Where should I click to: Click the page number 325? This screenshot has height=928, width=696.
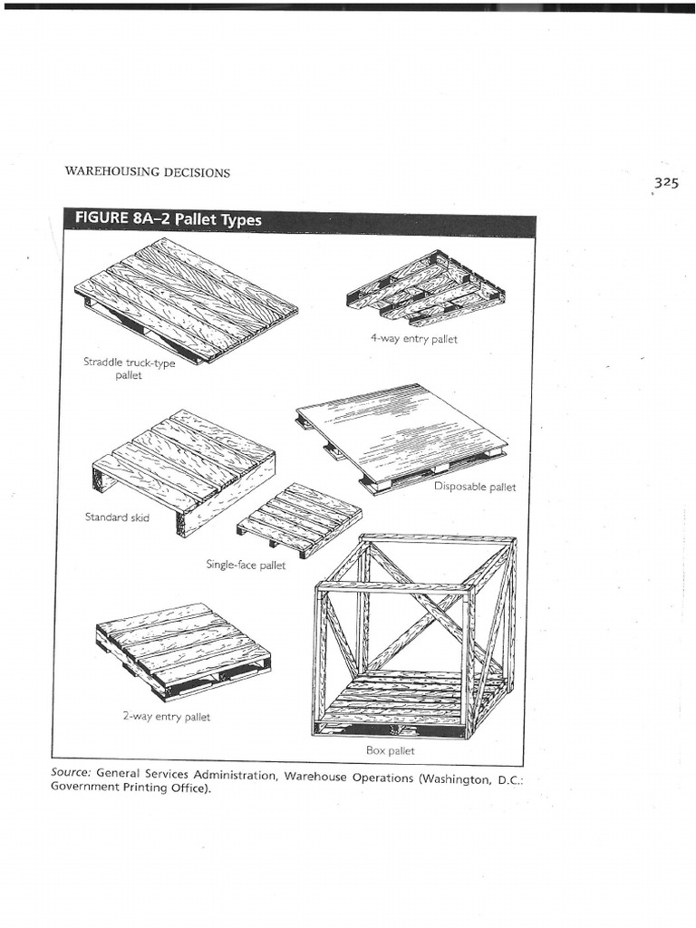[x=665, y=182]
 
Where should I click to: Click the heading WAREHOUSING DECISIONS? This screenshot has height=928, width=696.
[x=146, y=172]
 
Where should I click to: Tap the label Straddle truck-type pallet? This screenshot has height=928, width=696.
[x=129, y=368]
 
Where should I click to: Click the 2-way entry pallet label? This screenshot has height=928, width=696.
[x=166, y=716]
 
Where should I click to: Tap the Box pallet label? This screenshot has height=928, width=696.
[x=390, y=750]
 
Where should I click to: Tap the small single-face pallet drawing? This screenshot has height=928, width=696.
[x=300, y=517]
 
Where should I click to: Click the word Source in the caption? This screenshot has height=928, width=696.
[x=71, y=773]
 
